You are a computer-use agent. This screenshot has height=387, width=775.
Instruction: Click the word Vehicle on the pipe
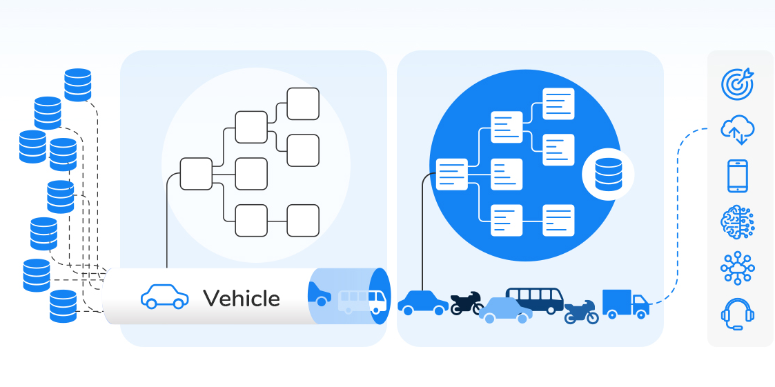coord(242,298)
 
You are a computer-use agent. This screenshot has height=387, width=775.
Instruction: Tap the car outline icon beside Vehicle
coord(164,297)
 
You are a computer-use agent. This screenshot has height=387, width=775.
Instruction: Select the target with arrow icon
coord(737,83)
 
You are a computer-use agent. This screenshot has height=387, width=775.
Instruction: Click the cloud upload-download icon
coord(737,130)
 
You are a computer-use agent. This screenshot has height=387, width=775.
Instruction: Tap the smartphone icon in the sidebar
coord(737,176)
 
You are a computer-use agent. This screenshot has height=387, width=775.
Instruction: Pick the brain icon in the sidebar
coord(737,222)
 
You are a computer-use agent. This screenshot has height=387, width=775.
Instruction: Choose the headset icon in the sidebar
coord(737,314)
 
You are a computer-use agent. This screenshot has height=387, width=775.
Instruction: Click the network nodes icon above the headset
coord(737,268)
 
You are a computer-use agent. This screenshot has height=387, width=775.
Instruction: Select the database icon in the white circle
coord(608,174)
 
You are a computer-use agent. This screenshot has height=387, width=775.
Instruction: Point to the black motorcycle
coord(467,303)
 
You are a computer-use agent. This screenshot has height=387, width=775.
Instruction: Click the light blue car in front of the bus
coord(506,310)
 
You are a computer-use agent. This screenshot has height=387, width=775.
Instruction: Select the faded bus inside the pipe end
coord(362,301)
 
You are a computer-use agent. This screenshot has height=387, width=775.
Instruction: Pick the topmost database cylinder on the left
coord(78,85)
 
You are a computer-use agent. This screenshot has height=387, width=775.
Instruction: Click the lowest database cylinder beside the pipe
coord(63,306)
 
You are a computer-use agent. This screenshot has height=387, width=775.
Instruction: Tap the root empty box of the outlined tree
coord(196,174)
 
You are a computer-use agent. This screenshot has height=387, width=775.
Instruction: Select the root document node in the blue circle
coord(452,174)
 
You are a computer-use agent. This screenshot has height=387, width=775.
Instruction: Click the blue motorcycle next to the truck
coord(581,312)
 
